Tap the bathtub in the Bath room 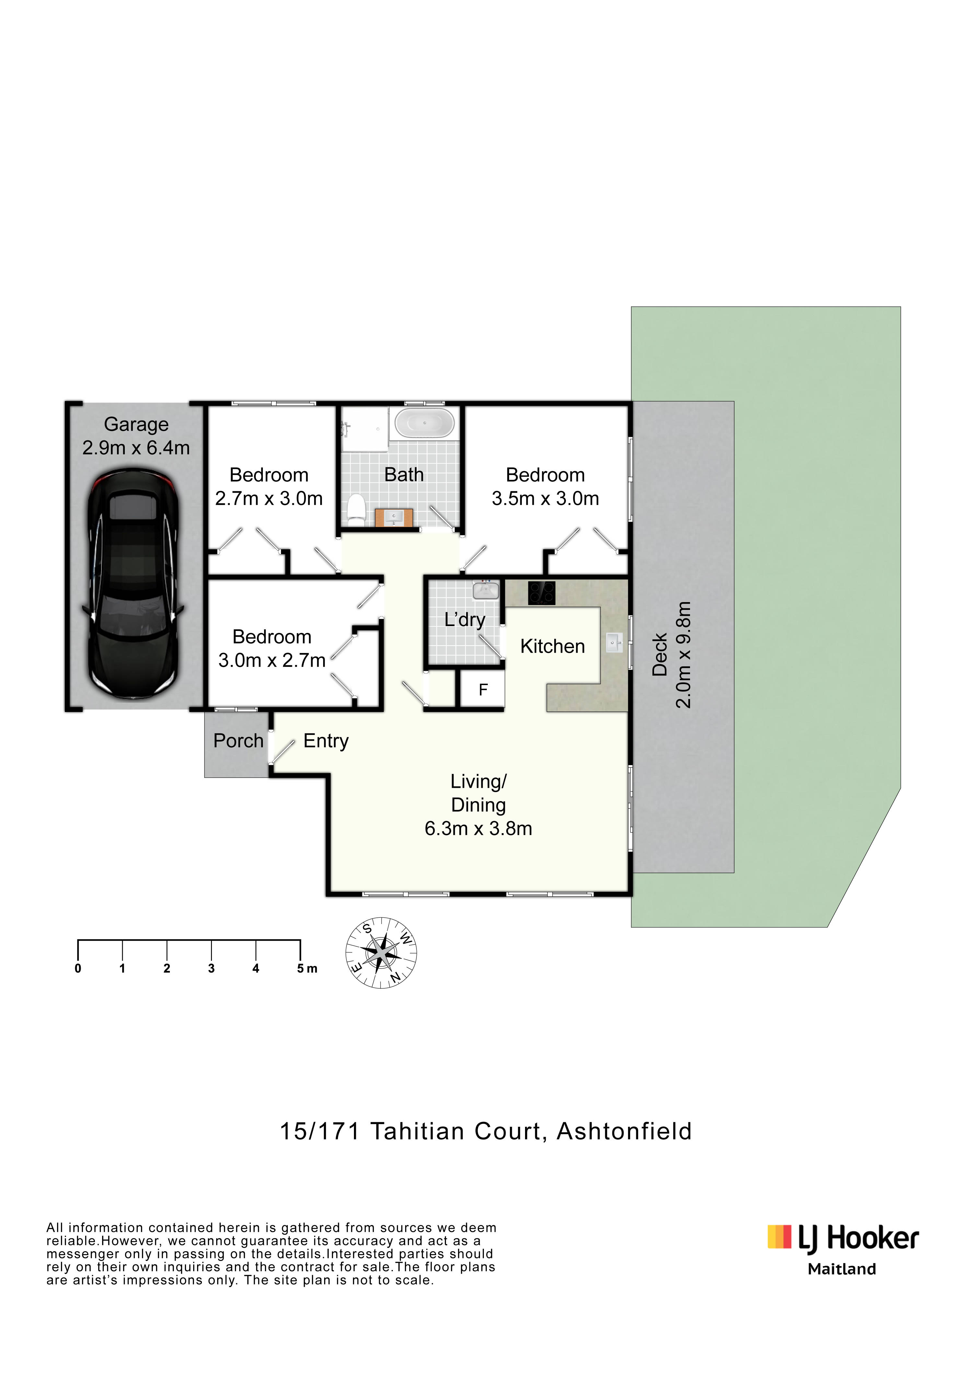click(425, 424)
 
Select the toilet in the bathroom click(356, 510)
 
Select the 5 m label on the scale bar click(307, 968)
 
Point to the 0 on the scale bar click(78, 968)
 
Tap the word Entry click(326, 741)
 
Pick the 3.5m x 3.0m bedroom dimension click(545, 498)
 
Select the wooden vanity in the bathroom click(394, 518)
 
